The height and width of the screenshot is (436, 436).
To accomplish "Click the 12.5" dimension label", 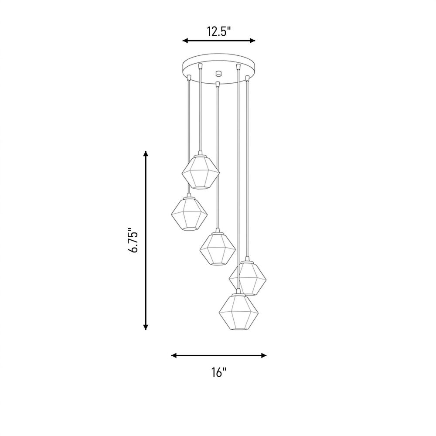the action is [x=219, y=31].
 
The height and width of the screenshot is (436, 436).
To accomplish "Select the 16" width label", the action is [x=219, y=372].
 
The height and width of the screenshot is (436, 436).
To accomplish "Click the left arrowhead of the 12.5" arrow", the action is [x=185, y=41].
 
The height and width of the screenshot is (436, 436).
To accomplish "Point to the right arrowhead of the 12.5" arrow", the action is [x=252, y=41].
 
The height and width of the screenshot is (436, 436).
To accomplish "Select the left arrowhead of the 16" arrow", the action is [x=174, y=355].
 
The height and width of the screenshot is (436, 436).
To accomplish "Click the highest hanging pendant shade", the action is [x=201, y=171].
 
